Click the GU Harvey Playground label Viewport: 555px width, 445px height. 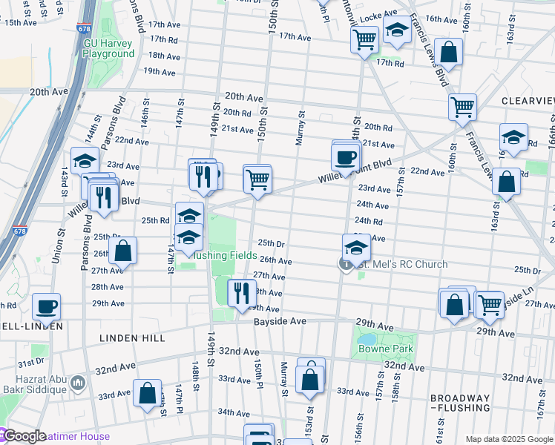click(x=109, y=48)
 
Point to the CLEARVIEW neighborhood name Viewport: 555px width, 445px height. click(x=528, y=101)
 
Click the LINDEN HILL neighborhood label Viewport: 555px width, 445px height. click(x=133, y=338)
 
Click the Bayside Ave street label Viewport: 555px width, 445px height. click(x=280, y=321)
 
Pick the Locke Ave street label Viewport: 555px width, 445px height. click(x=375, y=17)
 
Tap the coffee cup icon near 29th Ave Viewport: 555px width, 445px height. click(x=46, y=306)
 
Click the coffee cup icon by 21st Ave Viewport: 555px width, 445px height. click(x=346, y=157)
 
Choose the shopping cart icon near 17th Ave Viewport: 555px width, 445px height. click(x=364, y=39)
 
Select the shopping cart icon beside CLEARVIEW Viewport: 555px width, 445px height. click(x=462, y=107)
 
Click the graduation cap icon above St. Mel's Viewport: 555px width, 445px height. click(x=356, y=248)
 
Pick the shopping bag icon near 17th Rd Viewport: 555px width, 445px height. click(x=448, y=52)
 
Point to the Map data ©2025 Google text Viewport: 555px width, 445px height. click(x=510, y=440)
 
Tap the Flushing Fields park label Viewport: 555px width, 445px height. click(x=225, y=256)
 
